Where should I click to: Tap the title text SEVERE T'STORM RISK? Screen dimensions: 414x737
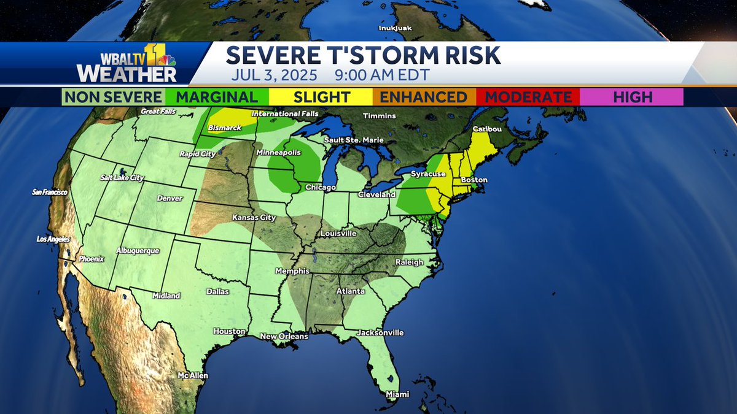pos(363,56)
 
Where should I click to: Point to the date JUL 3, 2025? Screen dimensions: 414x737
pos(275,76)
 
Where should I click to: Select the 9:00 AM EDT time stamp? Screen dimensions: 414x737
pos(382,76)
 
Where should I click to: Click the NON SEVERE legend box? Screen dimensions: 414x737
pos(113,97)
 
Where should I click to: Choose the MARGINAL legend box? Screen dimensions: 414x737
pos(216,97)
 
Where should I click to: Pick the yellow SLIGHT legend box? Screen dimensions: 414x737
pos(321,97)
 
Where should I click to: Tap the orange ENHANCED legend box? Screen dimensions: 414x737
pos(424,97)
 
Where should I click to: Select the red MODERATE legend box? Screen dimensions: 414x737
pos(528,97)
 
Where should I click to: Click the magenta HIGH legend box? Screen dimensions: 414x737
pos(631,97)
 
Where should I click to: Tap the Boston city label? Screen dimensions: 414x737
pos(474,180)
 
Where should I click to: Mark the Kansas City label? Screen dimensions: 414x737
pos(253,218)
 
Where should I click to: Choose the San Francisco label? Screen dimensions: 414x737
pos(50,192)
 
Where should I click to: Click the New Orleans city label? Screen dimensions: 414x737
pos(284,336)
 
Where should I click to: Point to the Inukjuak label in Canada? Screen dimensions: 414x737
pos(394,28)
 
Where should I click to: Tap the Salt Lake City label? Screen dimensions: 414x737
pos(122,177)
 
